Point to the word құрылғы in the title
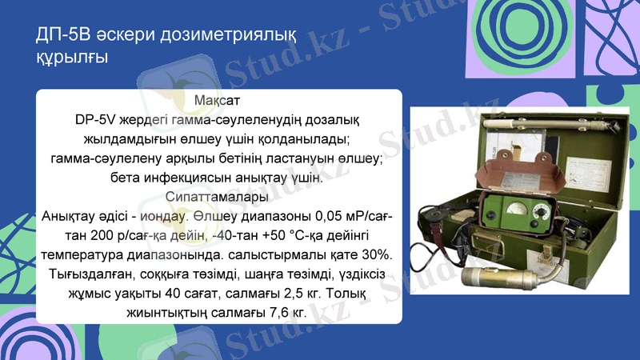[72, 58]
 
